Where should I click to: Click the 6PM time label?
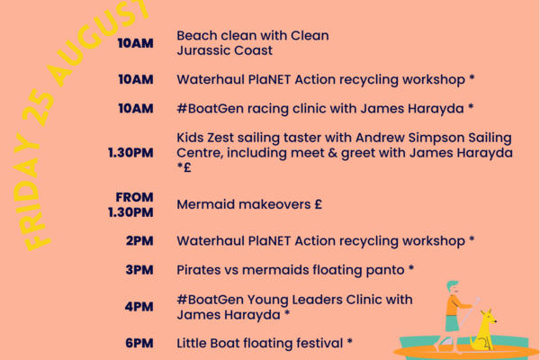pyautogui.click(x=139, y=343)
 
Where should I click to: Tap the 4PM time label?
pyautogui.click(x=139, y=307)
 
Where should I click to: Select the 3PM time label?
pyautogui.click(x=139, y=270)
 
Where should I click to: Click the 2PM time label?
pyautogui.click(x=139, y=241)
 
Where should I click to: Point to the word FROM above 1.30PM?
pyautogui.click(x=134, y=197)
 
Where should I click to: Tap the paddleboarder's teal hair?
pyautogui.click(x=452, y=285)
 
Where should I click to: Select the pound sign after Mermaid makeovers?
pyautogui.click(x=318, y=204)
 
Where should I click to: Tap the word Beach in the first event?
pyautogui.click(x=196, y=35)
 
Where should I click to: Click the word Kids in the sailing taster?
pyautogui.click(x=189, y=138)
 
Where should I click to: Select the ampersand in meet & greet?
pyautogui.click(x=332, y=153)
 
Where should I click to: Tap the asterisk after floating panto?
pyautogui.click(x=411, y=267)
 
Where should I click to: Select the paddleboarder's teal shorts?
pyautogui.click(x=452, y=323)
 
